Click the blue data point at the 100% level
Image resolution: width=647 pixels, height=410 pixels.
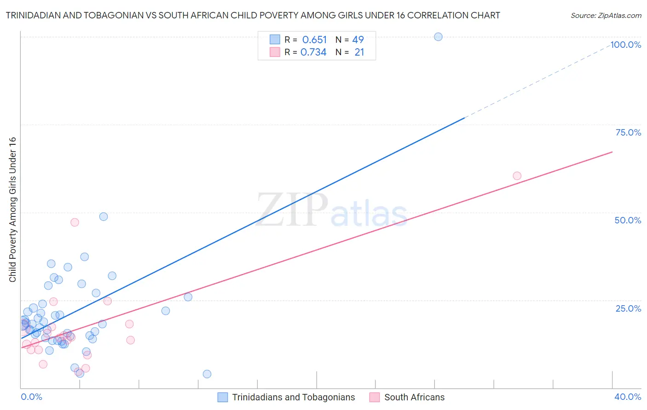pyautogui.click(x=438, y=37)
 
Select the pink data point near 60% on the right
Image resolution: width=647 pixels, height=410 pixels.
pyautogui.click(x=517, y=176)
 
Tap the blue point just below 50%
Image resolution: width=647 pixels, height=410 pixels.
pyautogui.click(x=104, y=216)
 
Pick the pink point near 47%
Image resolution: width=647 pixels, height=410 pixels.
pyautogui.click(x=75, y=222)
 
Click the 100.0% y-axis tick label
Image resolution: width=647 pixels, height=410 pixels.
pyautogui.click(x=626, y=45)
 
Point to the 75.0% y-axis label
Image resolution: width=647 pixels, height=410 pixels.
pyautogui.click(x=628, y=132)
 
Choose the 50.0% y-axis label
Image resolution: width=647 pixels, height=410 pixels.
pyautogui.click(x=628, y=220)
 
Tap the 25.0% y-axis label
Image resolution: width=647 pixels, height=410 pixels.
pyautogui.click(x=628, y=308)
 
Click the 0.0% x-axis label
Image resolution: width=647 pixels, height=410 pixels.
pyautogui.click(x=31, y=397)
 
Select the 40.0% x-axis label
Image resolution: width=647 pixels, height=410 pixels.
pyautogui.click(x=627, y=397)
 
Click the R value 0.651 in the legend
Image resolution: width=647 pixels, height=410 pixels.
pyautogui.click(x=314, y=40)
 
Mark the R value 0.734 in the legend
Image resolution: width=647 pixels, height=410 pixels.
pyautogui.click(x=313, y=52)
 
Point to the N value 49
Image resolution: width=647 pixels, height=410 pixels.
pyautogui.click(x=358, y=40)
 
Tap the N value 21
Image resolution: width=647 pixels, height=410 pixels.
pyautogui.click(x=359, y=52)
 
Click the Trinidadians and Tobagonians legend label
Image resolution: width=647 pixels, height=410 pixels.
pyautogui.click(x=293, y=397)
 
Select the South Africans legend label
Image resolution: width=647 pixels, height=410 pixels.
pyautogui.click(x=414, y=397)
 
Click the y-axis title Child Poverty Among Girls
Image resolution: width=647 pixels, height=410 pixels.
pyautogui.click(x=12, y=209)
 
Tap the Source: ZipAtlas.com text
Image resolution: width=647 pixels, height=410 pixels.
pyautogui.click(x=606, y=16)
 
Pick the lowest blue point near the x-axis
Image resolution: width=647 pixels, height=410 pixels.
pyautogui.click(x=207, y=374)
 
